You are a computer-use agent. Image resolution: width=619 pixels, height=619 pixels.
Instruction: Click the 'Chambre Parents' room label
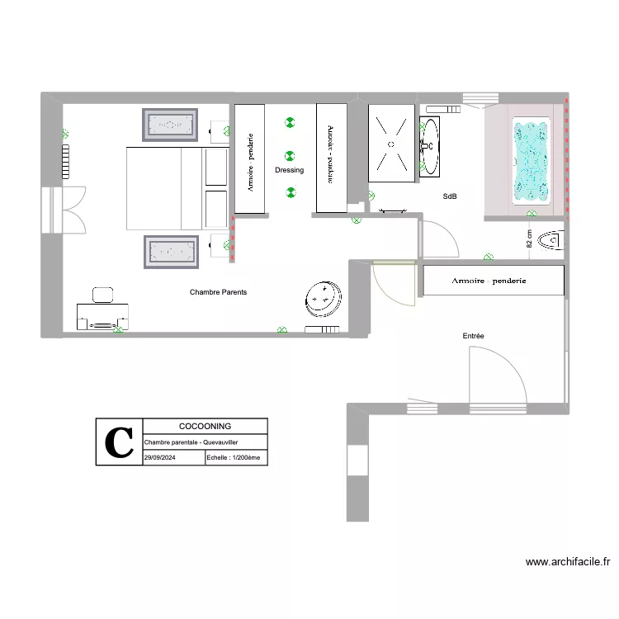tap(218, 292)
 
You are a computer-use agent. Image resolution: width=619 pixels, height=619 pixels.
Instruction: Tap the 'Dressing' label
tap(290, 170)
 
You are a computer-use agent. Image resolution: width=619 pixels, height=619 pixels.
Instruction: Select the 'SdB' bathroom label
tap(450, 196)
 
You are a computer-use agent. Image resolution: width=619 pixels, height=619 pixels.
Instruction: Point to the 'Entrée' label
tap(473, 336)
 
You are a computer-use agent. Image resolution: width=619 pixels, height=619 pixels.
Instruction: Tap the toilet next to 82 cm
tap(550, 241)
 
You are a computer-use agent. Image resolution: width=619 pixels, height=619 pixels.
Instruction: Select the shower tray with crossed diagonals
tap(391, 143)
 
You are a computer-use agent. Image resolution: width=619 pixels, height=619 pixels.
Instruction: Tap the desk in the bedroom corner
tap(102, 314)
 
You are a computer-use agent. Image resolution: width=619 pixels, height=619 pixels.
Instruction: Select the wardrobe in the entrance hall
tap(494, 281)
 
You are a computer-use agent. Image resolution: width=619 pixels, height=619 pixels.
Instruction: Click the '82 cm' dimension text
tap(529, 239)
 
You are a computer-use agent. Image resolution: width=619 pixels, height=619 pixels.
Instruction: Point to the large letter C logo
tap(120, 442)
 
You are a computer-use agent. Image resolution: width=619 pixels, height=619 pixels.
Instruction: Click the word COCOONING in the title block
tap(205, 426)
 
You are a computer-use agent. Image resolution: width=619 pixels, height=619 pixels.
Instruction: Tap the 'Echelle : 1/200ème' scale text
tap(236, 457)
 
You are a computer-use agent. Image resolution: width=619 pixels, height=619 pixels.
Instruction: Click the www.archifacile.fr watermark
tap(568, 562)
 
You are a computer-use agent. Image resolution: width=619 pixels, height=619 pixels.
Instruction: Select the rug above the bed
tap(171, 125)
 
